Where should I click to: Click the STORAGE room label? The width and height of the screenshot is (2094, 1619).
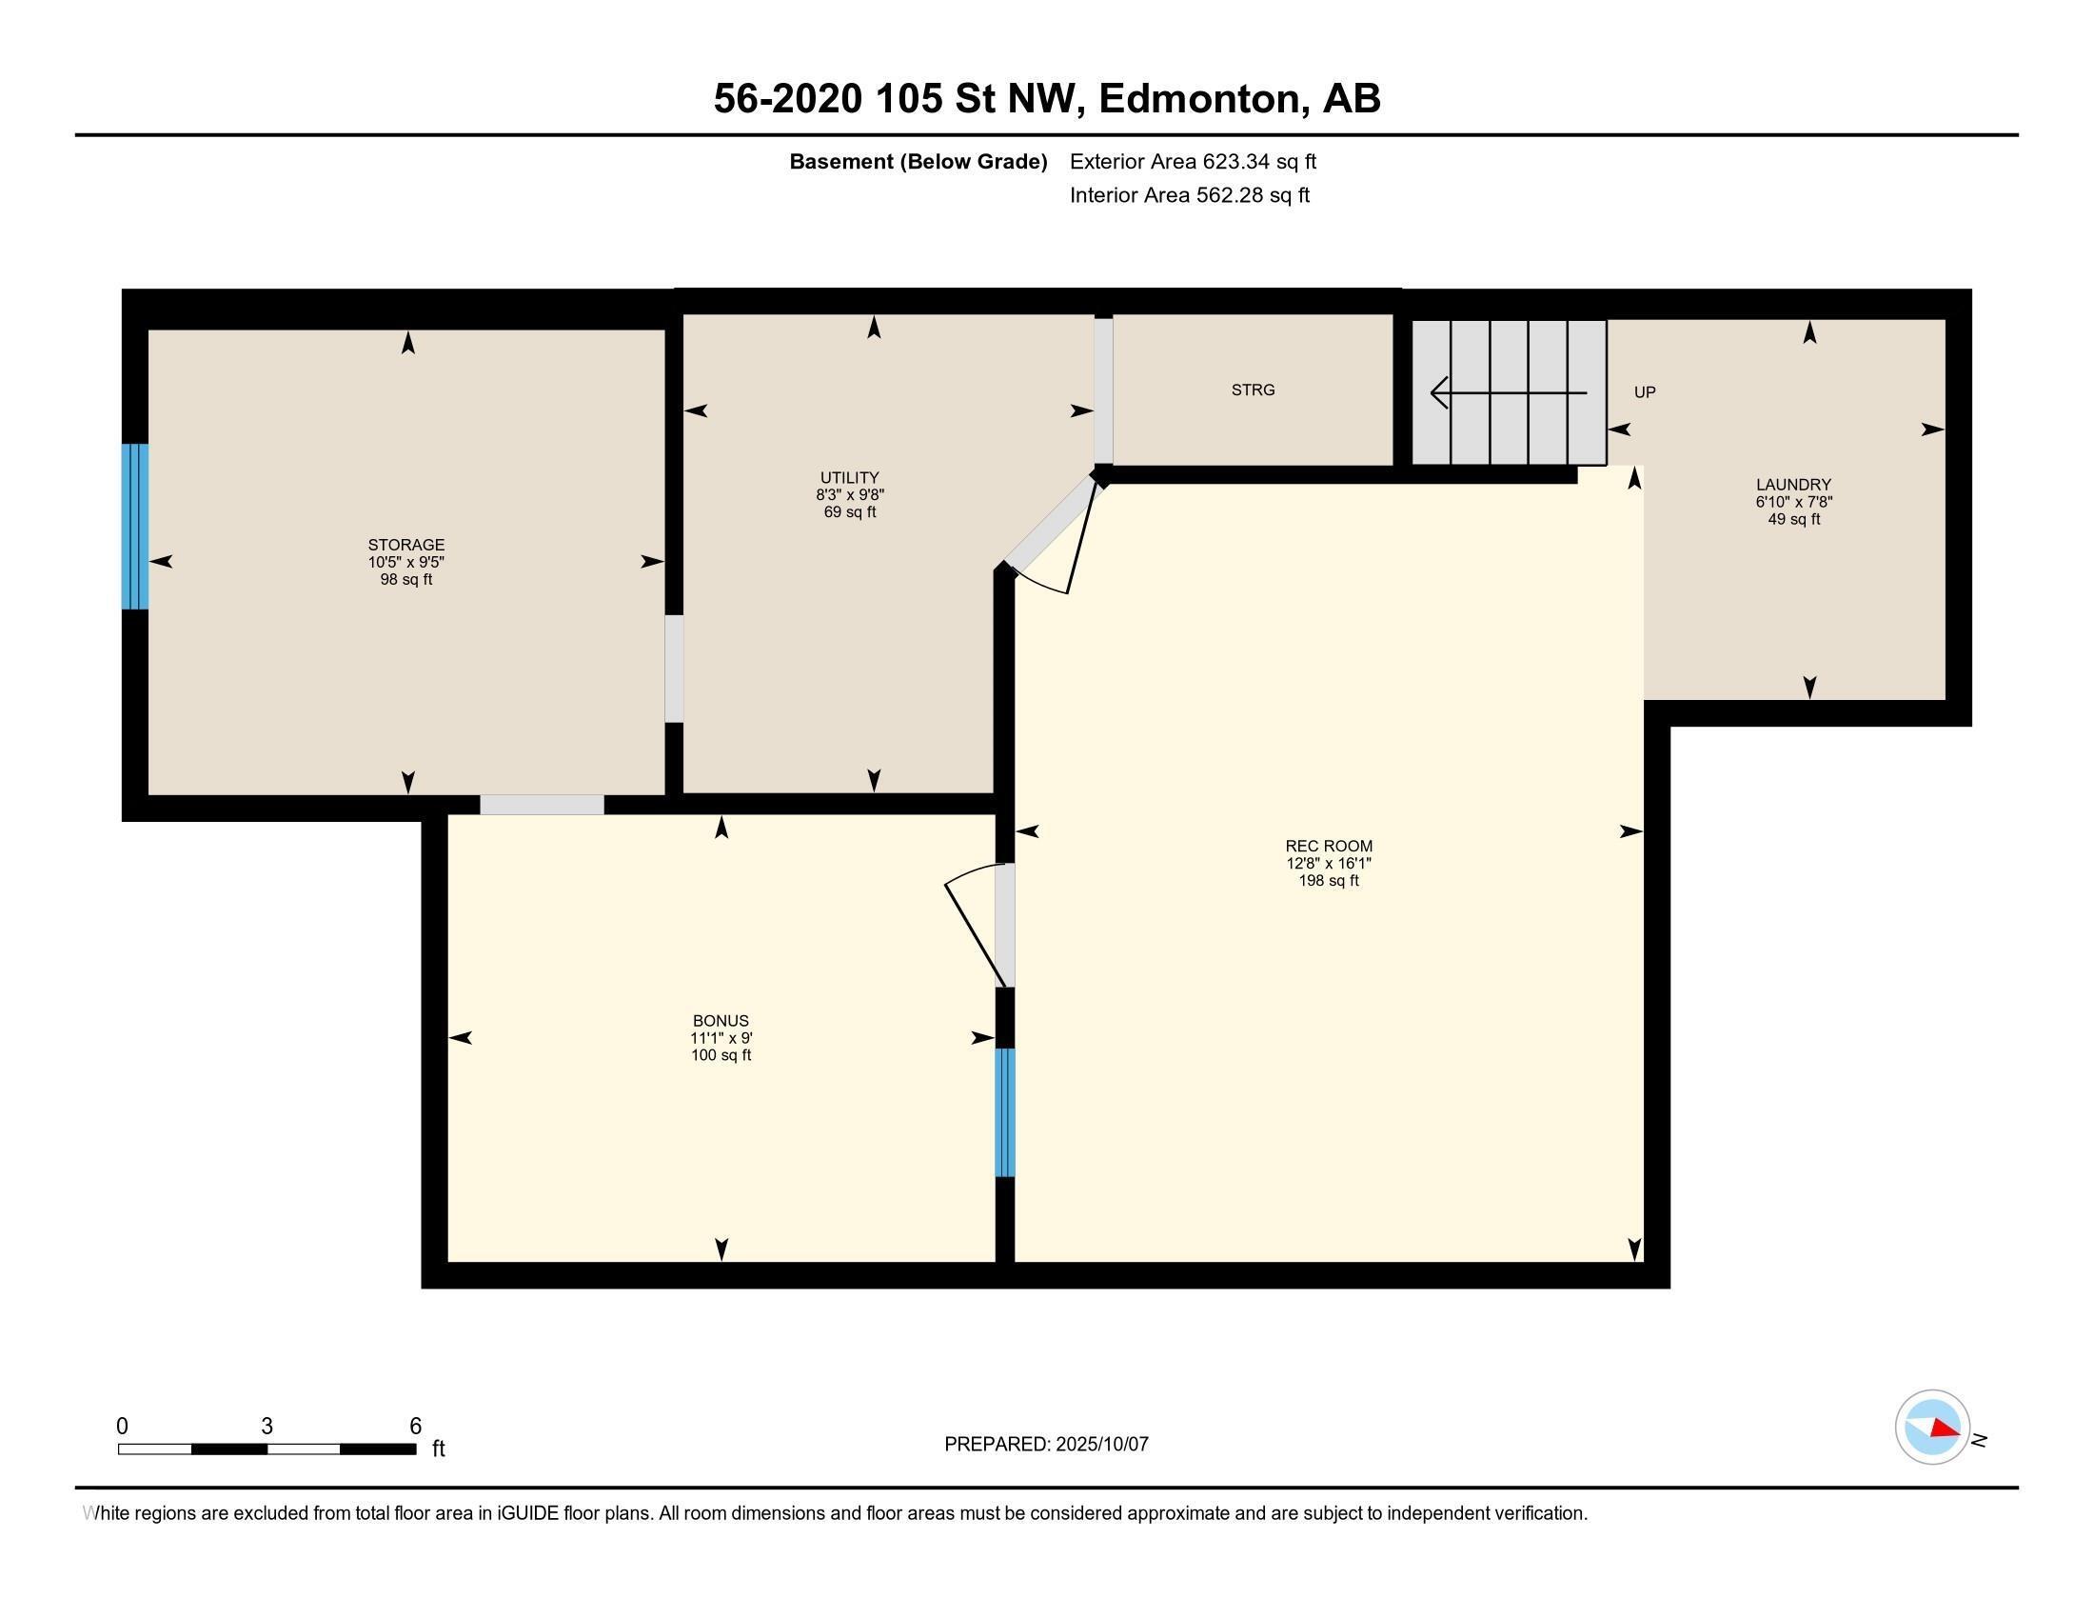pyautogui.click(x=405, y=544)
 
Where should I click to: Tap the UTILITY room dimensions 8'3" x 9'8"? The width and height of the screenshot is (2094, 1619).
pyautogui.click(x=849, y=495)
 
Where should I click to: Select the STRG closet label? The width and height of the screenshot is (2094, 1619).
pyautogui.click(x=1253, y=390)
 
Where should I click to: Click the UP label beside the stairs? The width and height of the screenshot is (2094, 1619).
pyautogui.click(x=1645, y=392)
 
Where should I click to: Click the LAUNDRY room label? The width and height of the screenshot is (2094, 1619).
pyautogui.click(x=1793, y=485)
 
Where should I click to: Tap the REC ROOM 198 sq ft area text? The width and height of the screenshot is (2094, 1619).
pyautogui.click(x=1328, y=881)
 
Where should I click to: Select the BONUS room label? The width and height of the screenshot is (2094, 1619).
pyautogui.click(x=721, y=1021)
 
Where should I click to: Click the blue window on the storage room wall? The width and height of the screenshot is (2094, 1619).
pyautogui.click(x=135, y=526)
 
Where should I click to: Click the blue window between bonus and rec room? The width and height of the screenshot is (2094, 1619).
pyautogui.click(x=1004, y=1111)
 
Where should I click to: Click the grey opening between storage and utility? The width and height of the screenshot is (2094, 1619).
pyautogui.click(x=674, y=669)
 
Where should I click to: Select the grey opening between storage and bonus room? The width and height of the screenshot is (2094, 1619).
pyautogui.click(x=542, y=805)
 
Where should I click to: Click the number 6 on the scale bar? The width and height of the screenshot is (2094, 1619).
pyautogui.click(x=415, y=1426)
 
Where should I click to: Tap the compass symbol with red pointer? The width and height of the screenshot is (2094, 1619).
pyautogui.click(x=1932, y=1428)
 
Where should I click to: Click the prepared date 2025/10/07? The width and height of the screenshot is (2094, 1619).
pyautogui.click(x=1099, y=1444)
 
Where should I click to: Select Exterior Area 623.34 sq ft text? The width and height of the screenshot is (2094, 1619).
pyautogui.click(x=1193, y=161)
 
